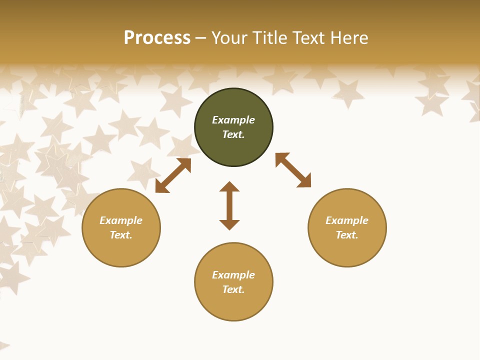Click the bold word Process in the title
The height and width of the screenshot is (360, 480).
[x=157, y=38]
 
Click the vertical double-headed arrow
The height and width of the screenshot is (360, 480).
[x=229, y=205]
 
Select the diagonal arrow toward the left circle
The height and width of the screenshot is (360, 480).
[x=173, y=175]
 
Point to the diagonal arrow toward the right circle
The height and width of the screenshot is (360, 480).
[x=293, y=170]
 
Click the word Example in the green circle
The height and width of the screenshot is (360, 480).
[x=233, y=120]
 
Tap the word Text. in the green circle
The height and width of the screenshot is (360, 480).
[x=233, y=134]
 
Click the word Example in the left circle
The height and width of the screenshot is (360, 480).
[x=121, y=220]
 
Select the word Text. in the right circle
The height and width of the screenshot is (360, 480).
[x=347, y=235]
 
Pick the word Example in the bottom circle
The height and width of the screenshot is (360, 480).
[x=233, y=275]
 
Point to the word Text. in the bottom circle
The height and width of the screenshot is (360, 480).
[x=233, y=289]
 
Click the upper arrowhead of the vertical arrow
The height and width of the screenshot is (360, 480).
[x=229, y=186]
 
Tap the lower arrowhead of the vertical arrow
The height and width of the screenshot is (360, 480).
[x=229, y=224]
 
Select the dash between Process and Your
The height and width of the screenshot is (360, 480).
[x=201, y=38]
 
